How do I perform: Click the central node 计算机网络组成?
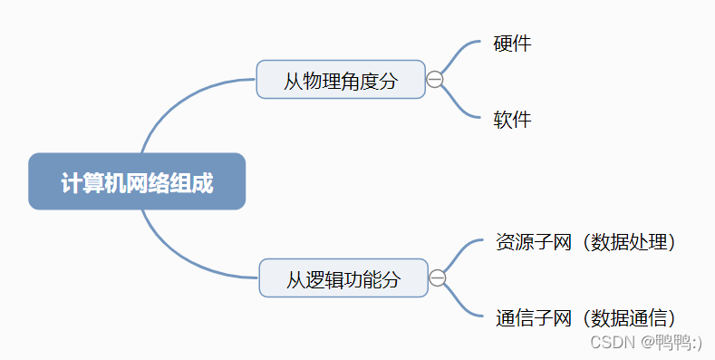tap(137, 181)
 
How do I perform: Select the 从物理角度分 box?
tap(340, 80)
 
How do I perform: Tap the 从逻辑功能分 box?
tap(343, 278)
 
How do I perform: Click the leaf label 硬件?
tap(512, 43)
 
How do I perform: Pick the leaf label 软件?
tap(512, 119)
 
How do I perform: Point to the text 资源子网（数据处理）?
tap(585, 242)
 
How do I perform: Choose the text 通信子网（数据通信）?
tap(585, 317)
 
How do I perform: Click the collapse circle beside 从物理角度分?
tap(435, 80)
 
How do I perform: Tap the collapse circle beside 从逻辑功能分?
tap(438, 277)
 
